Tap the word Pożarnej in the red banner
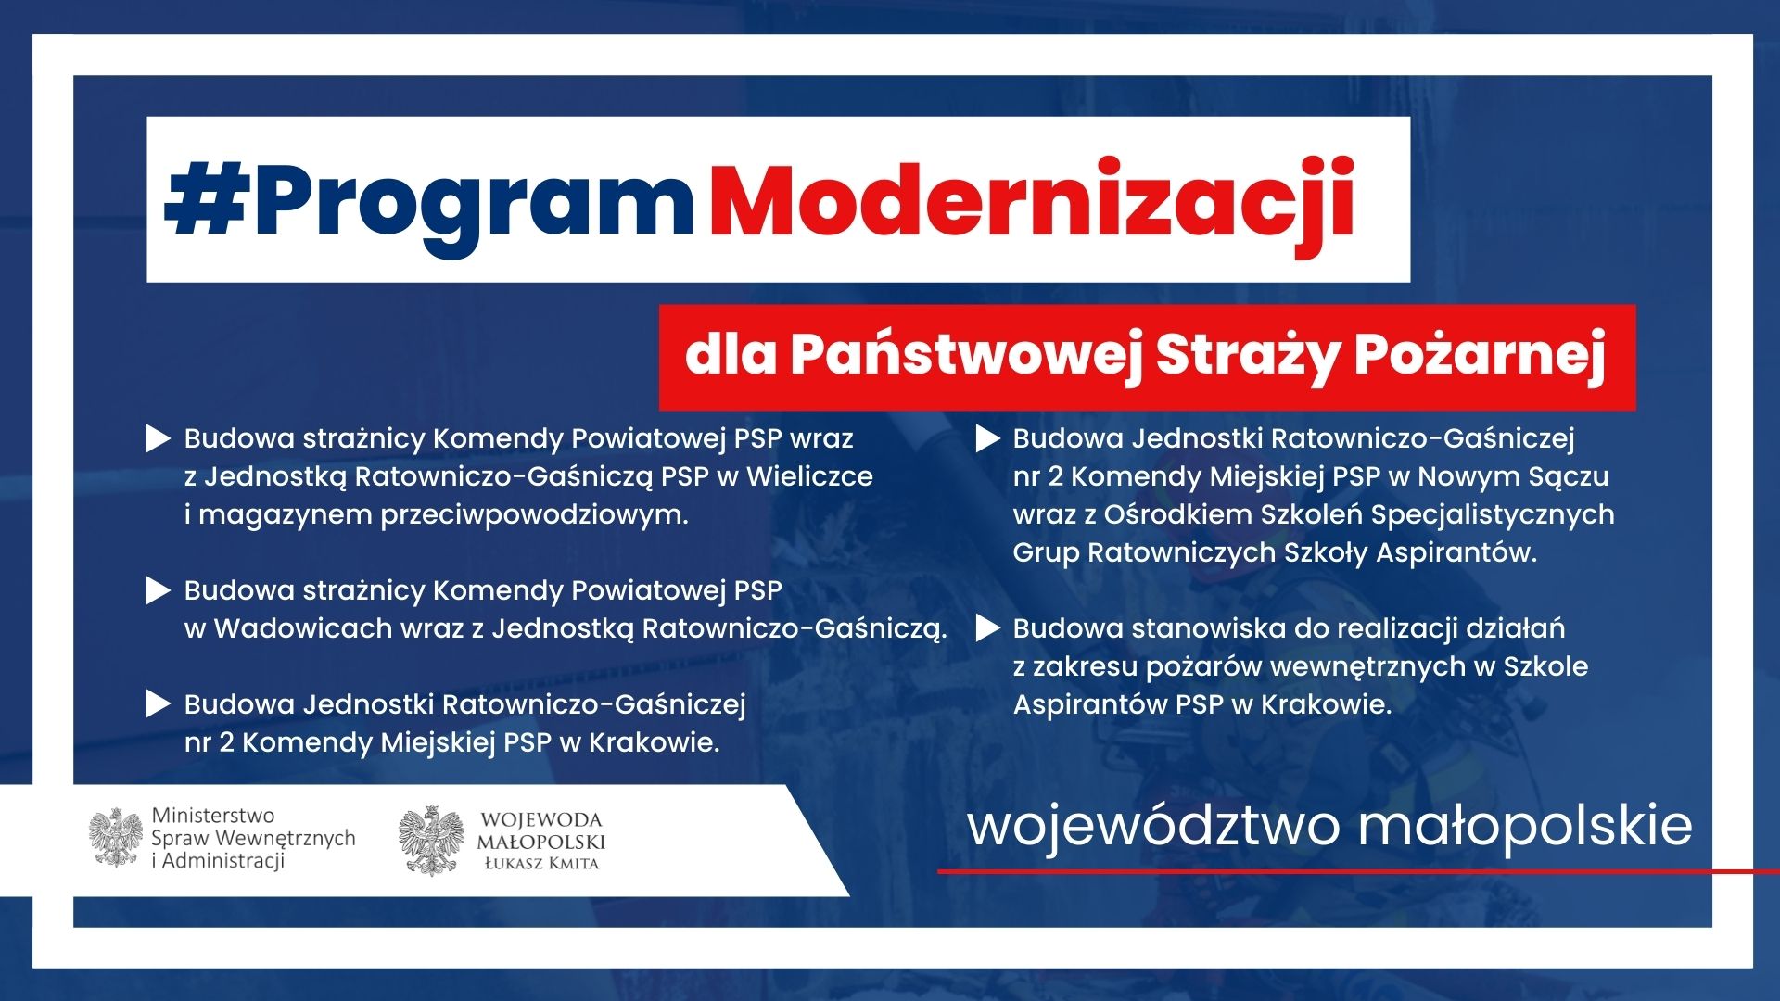click(x=1480, y=355)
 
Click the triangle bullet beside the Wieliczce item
click(x=159, y=439)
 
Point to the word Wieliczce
click(x=809, y=476)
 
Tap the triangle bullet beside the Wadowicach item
click(x=159, y=591)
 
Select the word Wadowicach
click(x=303, y=628)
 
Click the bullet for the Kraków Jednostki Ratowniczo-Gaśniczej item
click(x=159, y=705)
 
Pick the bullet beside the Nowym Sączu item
click(x=988, y=439)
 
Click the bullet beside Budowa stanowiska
click(x=988, y=629)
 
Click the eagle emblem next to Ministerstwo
click(x=116, y=838)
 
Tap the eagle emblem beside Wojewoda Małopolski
click(x=431, y=841)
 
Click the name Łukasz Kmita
click(x=542, y=864)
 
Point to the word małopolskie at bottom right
click(x=1525, y=827)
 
